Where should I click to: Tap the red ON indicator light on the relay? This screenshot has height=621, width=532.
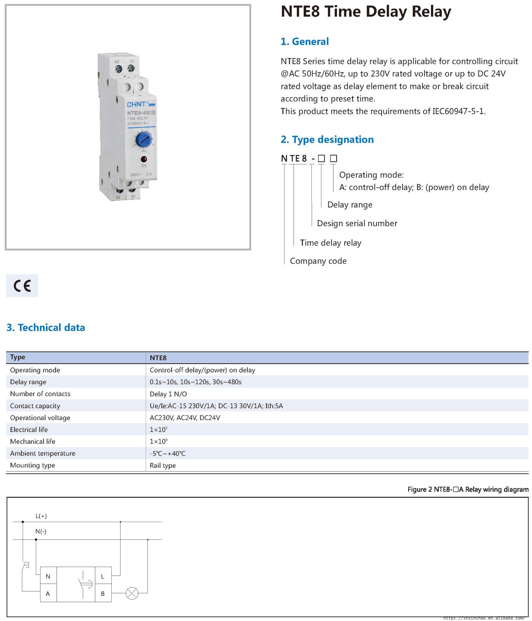pyautogui.click(x=144, y=159)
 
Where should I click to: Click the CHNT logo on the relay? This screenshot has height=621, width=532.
pyautogui.click(x=137, y=105)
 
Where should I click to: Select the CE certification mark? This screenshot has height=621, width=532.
pyautogui.click(x=22, y=286)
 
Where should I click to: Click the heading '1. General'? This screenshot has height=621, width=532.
pyautogui.click(x=305, y=41)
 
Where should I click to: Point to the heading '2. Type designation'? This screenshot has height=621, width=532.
pyautogui.click(x=327, y=139)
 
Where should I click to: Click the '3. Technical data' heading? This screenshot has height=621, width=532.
pyautogui.click(x=46, y=327)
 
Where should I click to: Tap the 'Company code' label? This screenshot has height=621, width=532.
pyautogui.click(x=318, y=261)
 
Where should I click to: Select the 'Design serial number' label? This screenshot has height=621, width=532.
pyautogui.click(x=357, y=223)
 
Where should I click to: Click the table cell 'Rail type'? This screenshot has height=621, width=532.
pyautogui.click(x=162, y=465)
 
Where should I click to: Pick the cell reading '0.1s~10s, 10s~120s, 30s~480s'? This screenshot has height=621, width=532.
pyautogui.click(x=195, y=382)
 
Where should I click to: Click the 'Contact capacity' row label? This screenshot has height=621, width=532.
pyautogui.click(x=35, y=406)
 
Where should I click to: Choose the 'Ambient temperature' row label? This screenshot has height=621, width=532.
pyautogui.click(x=43, y=453)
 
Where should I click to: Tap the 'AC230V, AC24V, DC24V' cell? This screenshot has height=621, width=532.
pyautogui.click(x=185, y=418)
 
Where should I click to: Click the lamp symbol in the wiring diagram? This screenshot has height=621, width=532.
pyautogui.click(x=132, y=593)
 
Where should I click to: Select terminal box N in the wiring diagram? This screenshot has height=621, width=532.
pyautogui.click(x=48, y=577)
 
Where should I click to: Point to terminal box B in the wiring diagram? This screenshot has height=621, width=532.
pyautogui.click(x=103, y=594)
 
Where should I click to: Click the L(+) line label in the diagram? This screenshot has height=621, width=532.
pyautogui.click(x=41, y=516)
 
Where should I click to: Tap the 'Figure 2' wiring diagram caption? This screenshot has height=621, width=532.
pyautogui.click(x=468, y=489)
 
